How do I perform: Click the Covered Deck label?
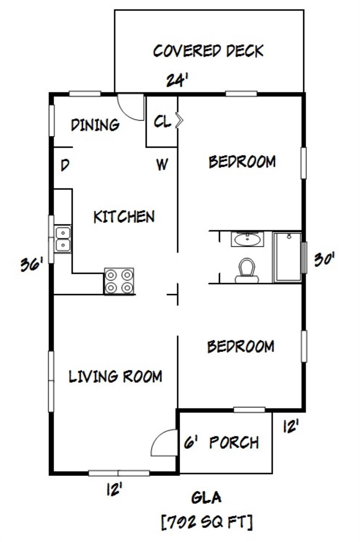208,51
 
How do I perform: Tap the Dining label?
95,125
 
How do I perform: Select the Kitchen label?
124,217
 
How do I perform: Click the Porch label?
234,442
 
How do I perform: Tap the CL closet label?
162,121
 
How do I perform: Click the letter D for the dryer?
65,165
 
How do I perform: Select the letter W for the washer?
162,164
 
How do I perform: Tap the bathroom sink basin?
247,239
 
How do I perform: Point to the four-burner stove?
119,281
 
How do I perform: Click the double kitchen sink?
63,239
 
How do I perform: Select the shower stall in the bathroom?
287,257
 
